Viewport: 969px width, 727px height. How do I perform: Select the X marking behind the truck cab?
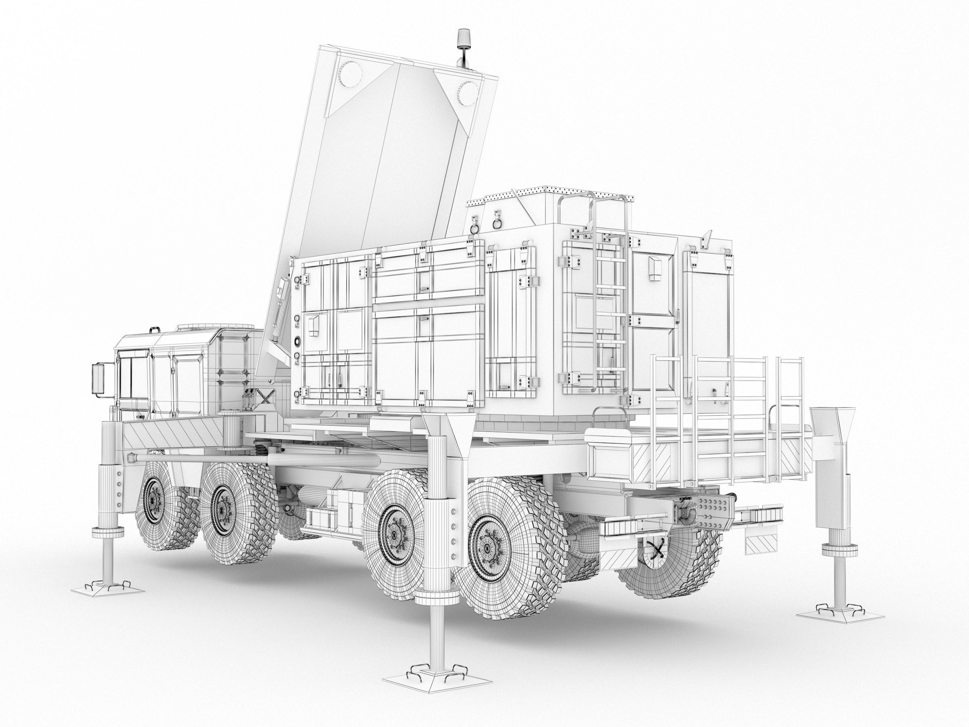pos(265,396)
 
